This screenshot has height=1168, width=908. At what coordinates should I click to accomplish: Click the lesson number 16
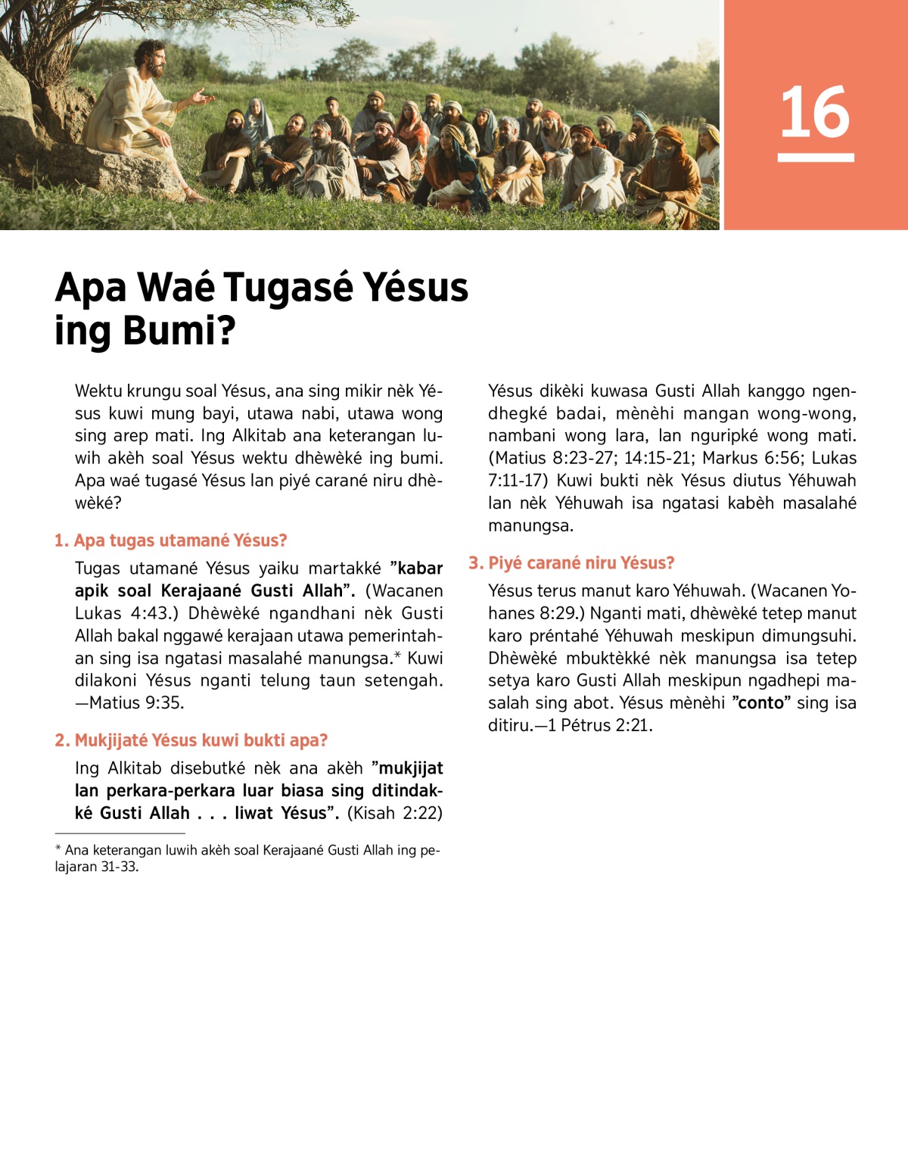pyautogui.click(x=815, y=112)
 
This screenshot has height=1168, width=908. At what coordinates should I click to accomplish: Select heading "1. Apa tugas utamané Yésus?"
pyautogui.click(x=171, y=540)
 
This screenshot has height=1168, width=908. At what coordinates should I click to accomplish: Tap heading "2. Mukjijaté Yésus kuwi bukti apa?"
pyautogui.click(x=191, y=740)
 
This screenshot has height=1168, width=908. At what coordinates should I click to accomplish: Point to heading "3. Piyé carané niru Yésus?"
pyautogui.click(x=571, y=563)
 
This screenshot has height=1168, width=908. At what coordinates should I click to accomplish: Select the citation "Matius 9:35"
pyautogui.click(x=135, y=703)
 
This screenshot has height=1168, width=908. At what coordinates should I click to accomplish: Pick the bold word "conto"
pyautogui.click(x=760, y=703)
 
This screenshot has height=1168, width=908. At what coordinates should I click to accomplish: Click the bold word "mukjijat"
pyautogui.click(x=410, y=769)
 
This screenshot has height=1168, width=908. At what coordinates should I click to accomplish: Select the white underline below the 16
pyautogui.click(x=815, y=157)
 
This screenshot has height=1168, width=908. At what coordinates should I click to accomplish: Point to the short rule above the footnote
pyautogui.click(x=109, y=833)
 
